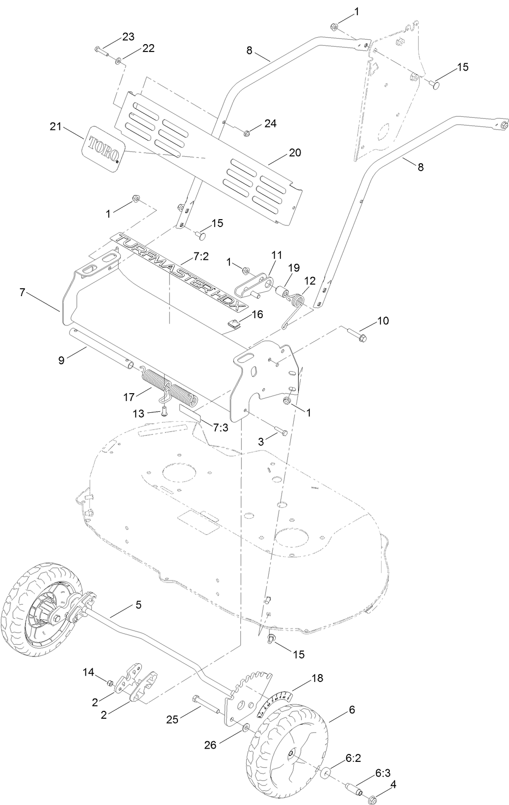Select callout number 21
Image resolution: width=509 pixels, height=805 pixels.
tap(56, 126)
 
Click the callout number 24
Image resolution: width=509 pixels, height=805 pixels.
tap(270, 124)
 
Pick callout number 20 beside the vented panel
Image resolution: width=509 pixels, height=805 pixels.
tap(295, 152)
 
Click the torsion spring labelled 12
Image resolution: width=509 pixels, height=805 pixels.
tap(296, 304)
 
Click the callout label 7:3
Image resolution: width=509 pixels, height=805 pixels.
tap(221, 428)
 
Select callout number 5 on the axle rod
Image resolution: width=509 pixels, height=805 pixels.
tap(138, 605)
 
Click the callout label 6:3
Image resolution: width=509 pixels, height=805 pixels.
tap(383, 760)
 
